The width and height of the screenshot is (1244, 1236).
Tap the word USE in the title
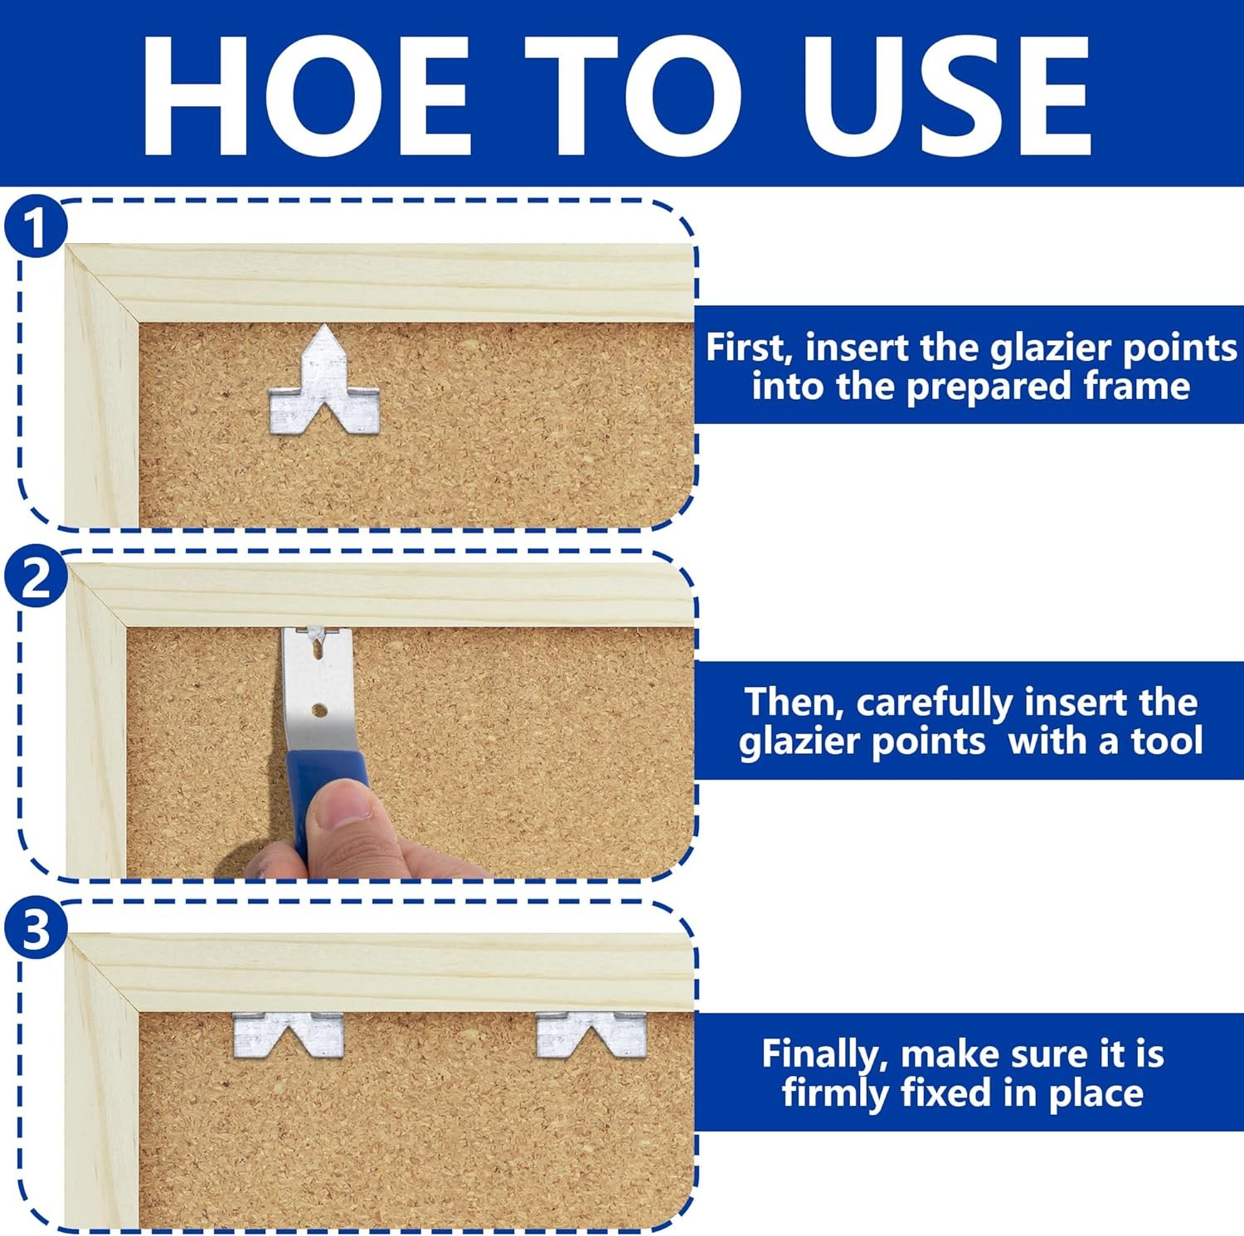(x=945, y=96)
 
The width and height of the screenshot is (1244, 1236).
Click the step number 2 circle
(x=34, y=579)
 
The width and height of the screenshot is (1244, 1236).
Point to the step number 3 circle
(x=34, y=930)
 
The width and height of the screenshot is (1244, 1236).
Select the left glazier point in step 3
(x=288, y=1035)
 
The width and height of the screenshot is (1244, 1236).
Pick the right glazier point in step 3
(x=590, y=1034)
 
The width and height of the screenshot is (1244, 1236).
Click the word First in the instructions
(x=750, y=347)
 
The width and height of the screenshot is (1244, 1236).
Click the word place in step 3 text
(x=1096, y=1094)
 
